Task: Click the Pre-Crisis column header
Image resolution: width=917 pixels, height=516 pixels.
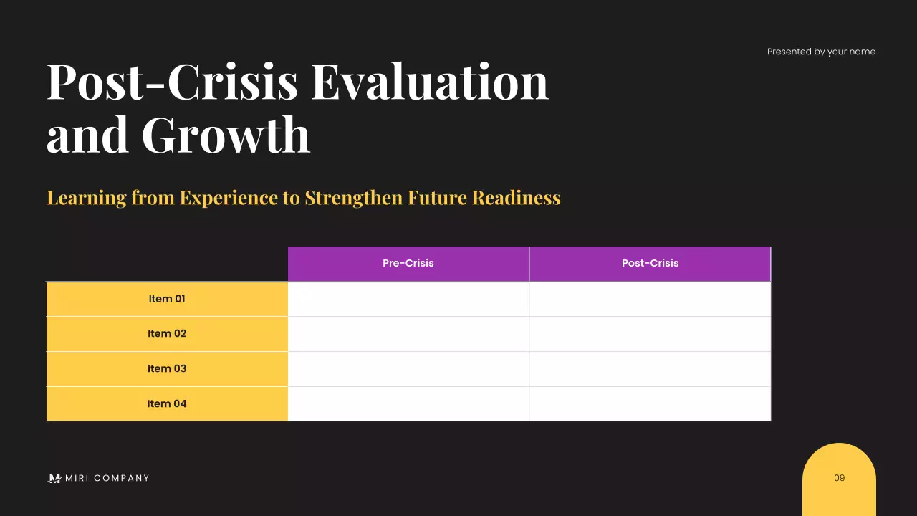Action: coord(408,263)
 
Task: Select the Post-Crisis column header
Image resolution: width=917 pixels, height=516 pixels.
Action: coord(650,263)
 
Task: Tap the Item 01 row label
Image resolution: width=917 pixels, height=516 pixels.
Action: coord(167,299)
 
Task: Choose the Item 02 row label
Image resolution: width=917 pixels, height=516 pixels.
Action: coord(167,333)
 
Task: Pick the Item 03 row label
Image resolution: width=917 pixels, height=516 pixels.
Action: coord(167,368)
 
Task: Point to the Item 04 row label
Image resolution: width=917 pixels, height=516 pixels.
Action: coord(167,403)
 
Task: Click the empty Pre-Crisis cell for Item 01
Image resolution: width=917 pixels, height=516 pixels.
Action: coord(408,299)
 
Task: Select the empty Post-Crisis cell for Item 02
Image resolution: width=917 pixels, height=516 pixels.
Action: coord(650,333)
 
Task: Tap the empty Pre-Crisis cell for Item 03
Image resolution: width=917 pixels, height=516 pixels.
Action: coord(408,368)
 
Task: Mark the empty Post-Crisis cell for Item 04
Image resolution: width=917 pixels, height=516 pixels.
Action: coord(650,403)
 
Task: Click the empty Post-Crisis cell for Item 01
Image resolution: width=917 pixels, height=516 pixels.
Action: coord(650,299)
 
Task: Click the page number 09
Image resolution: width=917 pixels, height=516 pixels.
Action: coord(840,478)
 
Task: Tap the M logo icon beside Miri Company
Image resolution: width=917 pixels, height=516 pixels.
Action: coord(54,478)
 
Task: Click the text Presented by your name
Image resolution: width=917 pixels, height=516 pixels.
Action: coord(821,52)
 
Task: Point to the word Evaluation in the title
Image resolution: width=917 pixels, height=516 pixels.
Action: coord(429,81)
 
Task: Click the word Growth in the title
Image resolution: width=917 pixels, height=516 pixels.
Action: coord(226,134)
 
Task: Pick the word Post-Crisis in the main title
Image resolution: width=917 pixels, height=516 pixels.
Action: coord(172,81)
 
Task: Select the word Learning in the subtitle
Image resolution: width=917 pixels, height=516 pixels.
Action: coord(86,198)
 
